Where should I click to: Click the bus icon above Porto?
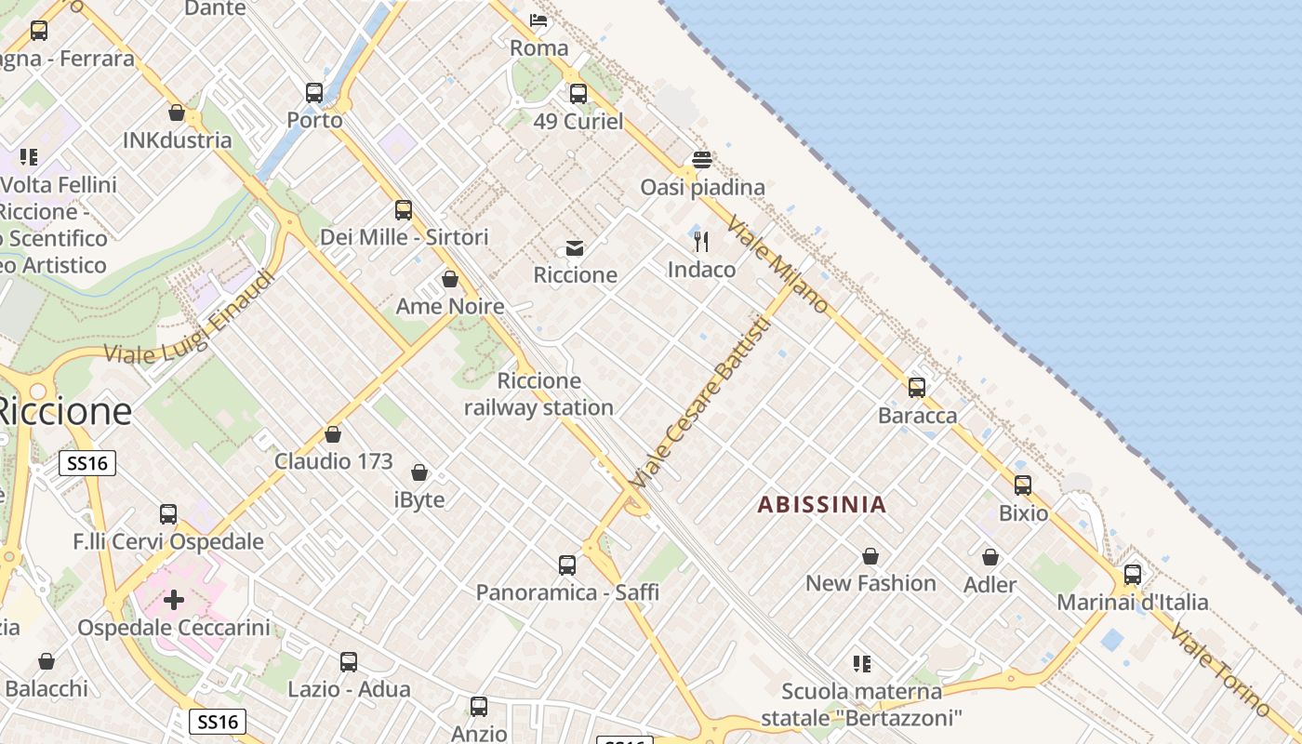[314, 93]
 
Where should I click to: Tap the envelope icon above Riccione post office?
[575, 248]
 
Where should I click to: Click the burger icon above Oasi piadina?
[702, 159]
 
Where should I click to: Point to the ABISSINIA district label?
[821, 505]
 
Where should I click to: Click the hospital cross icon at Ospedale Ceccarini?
[174, 600]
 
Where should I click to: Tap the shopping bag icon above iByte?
[419, 473]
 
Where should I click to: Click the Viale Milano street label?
[777, 264]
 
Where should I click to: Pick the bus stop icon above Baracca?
[917, 388]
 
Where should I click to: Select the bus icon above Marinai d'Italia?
[1132, 575]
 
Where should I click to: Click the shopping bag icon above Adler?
[990, 557]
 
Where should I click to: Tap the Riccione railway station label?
[538, 394]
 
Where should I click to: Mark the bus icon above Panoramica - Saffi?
[567, 565]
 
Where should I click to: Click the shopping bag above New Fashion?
[870, 556]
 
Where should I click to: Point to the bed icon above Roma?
[538, 20]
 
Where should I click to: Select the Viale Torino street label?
[1220, 670]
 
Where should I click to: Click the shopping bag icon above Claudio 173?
[333, 434]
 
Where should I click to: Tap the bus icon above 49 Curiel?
[578, 94]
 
